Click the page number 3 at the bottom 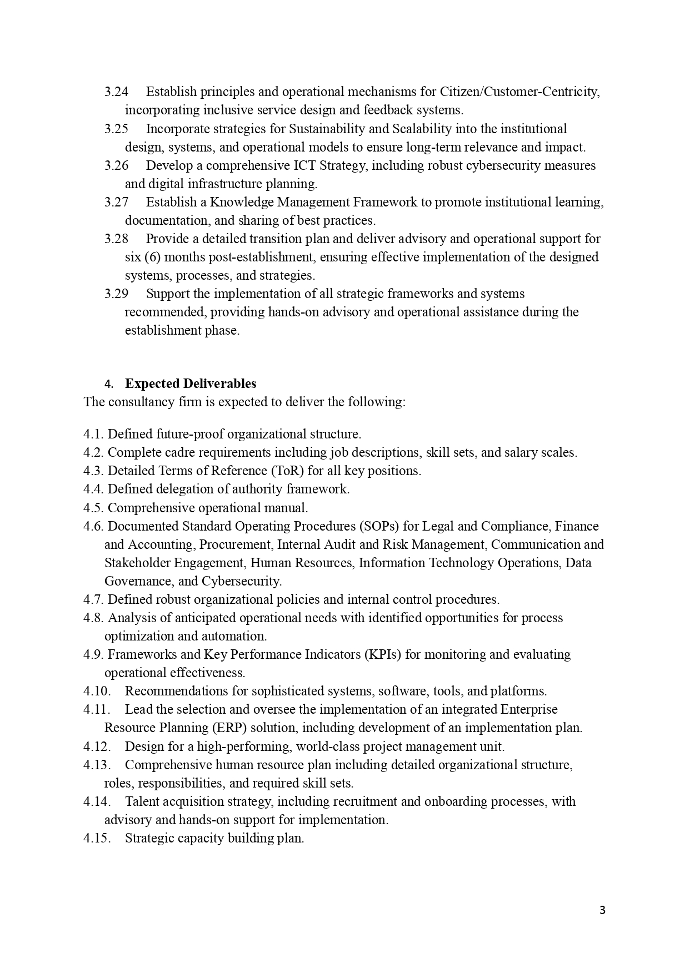tap(602, 910)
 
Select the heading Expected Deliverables tap(191, 383)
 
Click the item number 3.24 tap(116, 92)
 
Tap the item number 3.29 tap(116, 294)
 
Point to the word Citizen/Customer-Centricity tap(519, 92)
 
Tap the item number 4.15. tap(96, 838)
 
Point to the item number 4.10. tap(96, 691)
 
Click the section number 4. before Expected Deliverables tap(109, 384)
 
